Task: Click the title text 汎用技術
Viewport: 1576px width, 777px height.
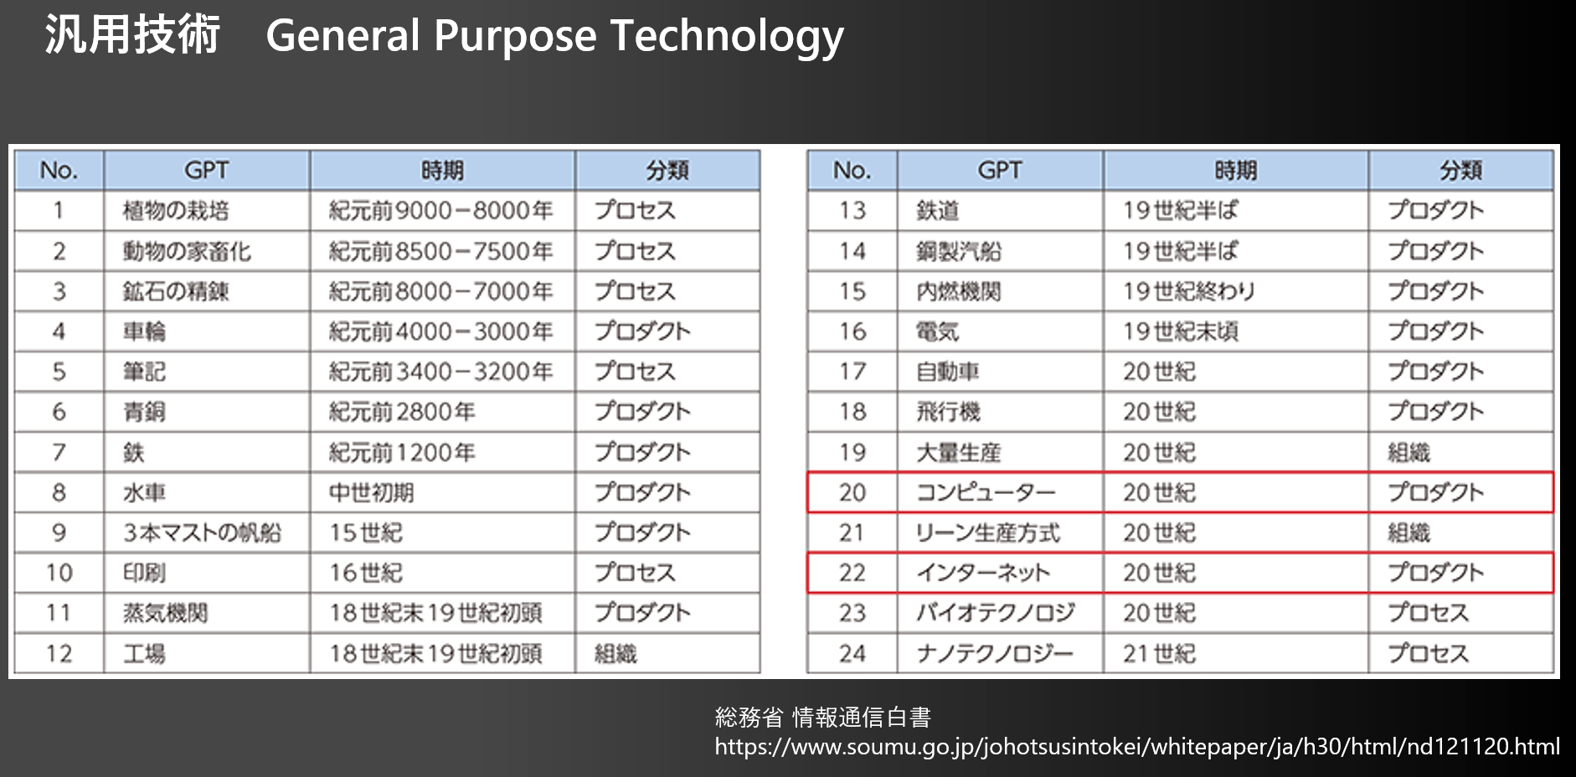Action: (132, 35)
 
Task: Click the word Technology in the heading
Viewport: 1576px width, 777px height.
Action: (726, 37)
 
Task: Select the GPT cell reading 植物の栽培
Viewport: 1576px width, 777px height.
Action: (176, 211)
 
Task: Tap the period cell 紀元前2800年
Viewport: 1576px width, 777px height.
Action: (402, 412)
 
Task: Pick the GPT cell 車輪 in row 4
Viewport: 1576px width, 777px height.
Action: (144, 332)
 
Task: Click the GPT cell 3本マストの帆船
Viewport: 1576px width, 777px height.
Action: (202, 533)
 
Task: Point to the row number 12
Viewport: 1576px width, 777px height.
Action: (59, 653)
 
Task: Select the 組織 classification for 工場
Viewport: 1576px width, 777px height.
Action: (615, 653)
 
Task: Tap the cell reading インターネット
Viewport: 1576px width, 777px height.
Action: (982, 573)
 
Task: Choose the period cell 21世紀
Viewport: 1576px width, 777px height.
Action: (1159, 653)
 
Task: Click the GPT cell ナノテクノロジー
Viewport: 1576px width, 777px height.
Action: (994, 653)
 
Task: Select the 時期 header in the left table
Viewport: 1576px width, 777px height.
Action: (442, 171)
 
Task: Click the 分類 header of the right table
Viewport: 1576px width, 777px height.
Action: (1460, 171)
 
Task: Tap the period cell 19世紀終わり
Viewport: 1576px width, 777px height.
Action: (1189, 291)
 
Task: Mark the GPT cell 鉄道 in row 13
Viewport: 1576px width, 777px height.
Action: (937, 211)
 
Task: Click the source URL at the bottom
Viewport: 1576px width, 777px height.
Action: (1136, 746)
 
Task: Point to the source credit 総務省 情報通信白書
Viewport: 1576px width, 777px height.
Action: (822, 718)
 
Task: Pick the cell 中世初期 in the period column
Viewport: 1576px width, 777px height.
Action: (371, 492)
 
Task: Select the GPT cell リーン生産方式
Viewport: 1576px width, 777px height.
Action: (987, 533)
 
